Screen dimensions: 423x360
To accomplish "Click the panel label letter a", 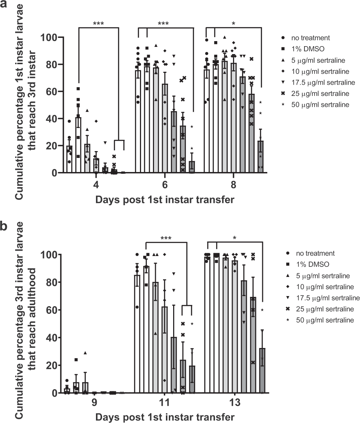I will coord(5,6).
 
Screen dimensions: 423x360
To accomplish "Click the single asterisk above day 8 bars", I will coord(234,24).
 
